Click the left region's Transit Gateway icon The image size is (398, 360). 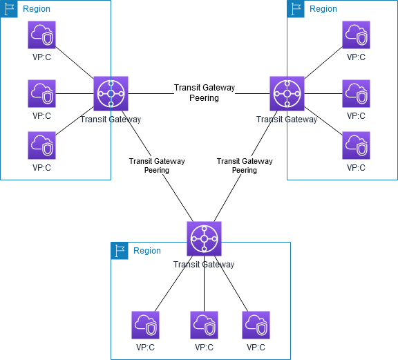pos(111,93)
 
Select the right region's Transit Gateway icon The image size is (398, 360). pos(287,93)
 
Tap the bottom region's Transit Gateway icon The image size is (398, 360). pos(204,238)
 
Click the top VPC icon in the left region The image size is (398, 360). pos(41,35)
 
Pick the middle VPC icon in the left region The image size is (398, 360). pos(41,93)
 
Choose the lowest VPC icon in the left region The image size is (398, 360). pos(41,146)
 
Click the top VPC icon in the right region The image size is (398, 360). pos(356,35)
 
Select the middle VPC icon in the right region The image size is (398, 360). pos(356,93)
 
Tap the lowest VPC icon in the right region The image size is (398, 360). pos(356,146)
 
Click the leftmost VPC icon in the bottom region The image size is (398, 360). pos(145,325)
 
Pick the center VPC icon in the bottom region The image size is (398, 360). pos(204,325)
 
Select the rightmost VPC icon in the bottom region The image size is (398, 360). pos(256,325)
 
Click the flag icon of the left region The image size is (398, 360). pos(9,9)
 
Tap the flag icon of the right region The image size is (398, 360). pos(296,9)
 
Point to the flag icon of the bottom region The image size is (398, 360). pos(120,251)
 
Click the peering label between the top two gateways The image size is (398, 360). pos(205,93)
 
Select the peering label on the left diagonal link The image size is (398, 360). pos(157,166)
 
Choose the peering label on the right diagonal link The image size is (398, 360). pos(245,166)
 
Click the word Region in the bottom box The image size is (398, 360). pos(147,251)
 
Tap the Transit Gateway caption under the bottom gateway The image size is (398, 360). pos(204,264)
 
